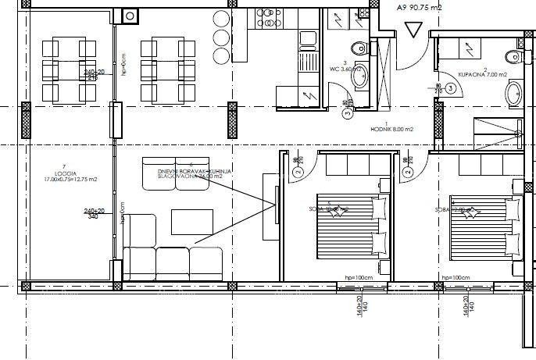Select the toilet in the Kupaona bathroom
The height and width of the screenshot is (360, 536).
point(513,56)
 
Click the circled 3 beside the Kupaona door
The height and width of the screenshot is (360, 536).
point(452,89)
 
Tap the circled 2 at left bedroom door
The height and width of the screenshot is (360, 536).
point(297,173)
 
